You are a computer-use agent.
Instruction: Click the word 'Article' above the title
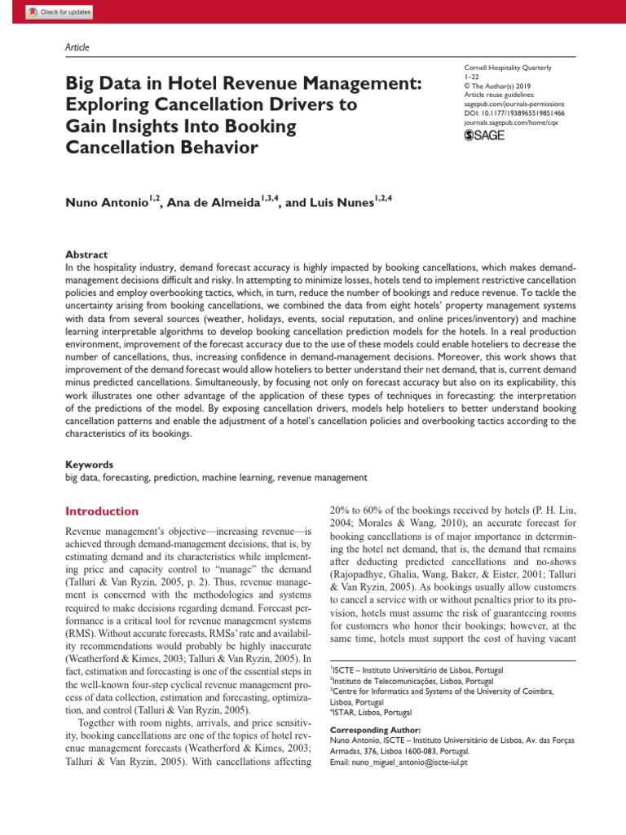point(77,47)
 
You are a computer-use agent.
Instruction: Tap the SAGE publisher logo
point(484,135)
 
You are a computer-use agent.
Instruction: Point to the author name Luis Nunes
point(339,202)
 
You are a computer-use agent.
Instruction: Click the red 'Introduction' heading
point(102,511)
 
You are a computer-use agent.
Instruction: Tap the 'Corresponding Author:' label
point(375,729)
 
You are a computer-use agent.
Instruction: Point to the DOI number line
point(514,114)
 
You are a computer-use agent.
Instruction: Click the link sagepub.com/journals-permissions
point(514,104)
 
